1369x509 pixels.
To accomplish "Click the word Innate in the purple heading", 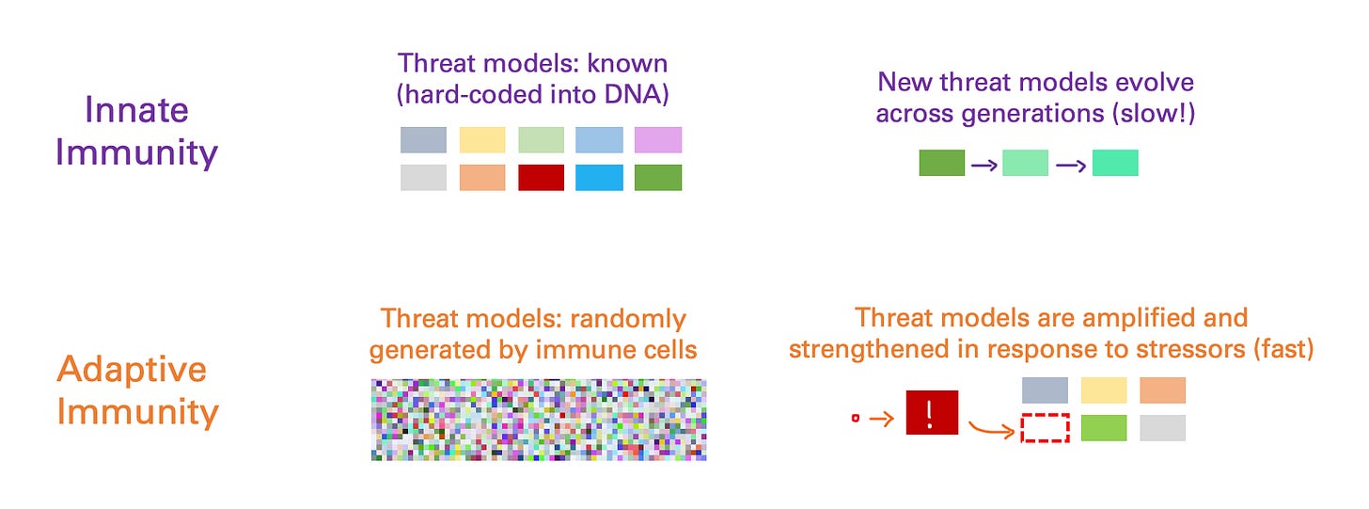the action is pos(136,110).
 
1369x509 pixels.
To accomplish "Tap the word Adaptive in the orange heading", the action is pos(132,370).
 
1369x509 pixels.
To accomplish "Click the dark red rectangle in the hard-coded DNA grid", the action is pos(541,178).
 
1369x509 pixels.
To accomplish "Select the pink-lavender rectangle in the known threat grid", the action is pos(657,140).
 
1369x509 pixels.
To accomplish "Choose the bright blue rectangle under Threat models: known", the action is pos(599,178).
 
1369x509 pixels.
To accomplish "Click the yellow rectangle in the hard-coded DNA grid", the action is pos(482,140).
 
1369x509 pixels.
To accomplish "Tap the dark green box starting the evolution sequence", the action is pos(942,163).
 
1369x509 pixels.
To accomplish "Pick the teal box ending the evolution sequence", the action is pos(1115,163).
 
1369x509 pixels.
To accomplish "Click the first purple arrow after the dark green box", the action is pos(983,166).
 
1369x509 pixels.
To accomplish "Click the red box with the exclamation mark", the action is pos(932,412).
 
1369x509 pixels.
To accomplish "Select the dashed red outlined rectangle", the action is pos(1046,428).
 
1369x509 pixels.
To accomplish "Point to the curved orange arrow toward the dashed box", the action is pos(991,429).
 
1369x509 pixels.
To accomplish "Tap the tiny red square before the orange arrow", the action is pos(856,419).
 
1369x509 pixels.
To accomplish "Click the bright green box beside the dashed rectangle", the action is pos(1104,428).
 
